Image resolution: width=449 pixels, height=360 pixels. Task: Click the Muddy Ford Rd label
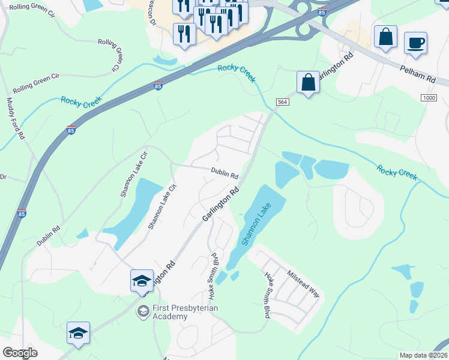pos(16,119)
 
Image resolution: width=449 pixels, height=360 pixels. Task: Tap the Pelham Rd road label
pos(418,75)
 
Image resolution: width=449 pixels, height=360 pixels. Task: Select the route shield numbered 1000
pos(428,98)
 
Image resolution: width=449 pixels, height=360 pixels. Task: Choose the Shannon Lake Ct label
pos(163,206)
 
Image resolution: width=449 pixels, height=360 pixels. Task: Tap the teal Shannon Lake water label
pos(256,223)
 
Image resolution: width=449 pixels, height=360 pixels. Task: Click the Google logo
pos(20,353)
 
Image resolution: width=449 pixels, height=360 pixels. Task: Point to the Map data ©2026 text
pos(424,355)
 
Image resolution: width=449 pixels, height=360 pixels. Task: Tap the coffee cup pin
pos(415,43)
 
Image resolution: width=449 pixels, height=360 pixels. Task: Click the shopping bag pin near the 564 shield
pos(308,82)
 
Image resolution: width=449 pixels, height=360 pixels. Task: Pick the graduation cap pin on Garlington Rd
pos(142,280)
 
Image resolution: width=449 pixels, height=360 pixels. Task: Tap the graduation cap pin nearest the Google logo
pos(78,333)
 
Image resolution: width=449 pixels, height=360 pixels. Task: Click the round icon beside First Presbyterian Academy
pos(143,311)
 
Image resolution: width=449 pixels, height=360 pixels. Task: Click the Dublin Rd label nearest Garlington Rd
pos(225,174)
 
